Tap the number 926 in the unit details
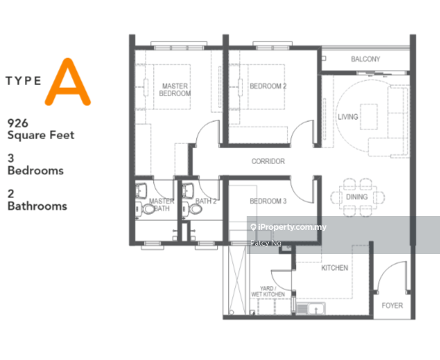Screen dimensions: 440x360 18,123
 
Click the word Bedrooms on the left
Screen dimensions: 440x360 35,170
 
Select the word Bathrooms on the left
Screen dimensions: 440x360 37,206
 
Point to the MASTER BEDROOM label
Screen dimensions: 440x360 175,90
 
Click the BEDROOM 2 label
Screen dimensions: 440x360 268,86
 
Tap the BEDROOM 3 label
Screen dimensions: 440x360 268,201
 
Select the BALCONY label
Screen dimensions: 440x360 365,59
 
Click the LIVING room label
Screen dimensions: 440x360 348,116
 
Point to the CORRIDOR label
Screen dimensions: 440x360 268,161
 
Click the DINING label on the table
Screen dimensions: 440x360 357,197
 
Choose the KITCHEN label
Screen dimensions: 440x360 335,268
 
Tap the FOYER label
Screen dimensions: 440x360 392,305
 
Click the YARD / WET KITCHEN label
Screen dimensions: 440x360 268,291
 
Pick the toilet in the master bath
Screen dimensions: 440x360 148,209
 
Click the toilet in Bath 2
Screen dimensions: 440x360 195,209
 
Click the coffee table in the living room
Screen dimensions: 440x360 369,116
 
